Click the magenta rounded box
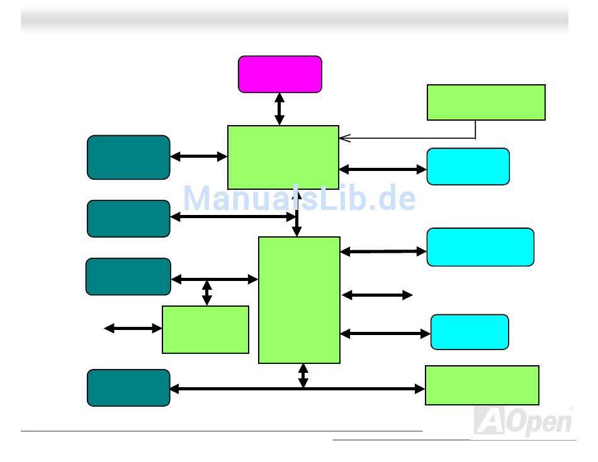(x=280, y=74)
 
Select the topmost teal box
(x=128, y=157)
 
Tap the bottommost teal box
(x=128, y=388)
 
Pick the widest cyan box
(x=480, y=247)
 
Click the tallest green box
(x=300, y=300)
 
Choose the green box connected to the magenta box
(x=283, y=157)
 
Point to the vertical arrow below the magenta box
(x=279, y=109)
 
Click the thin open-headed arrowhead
(x=344, y=138)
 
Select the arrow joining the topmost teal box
(x=199, y=157)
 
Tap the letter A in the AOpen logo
(x=489, y=421)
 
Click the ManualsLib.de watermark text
(x=300, y=197)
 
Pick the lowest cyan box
(x=470, y=332)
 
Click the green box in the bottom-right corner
(x=482, y=385)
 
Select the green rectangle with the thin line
(x=486, y=102)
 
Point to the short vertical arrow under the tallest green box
(x=303, y=376)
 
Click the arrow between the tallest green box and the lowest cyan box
(x=386, y=334)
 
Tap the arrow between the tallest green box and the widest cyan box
(x=383, y=251)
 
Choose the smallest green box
(x=206, y=330)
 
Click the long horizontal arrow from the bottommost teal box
(x=298, y=389)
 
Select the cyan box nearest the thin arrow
(x=468, y=167)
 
